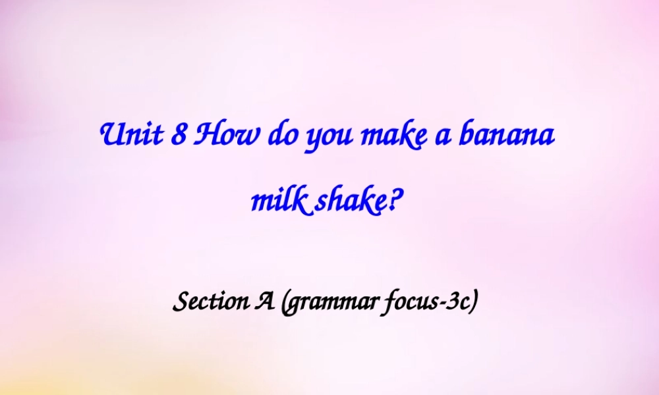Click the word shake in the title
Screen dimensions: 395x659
click(x=349, y=203)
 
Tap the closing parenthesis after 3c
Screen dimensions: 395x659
click(x=473, y=302)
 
